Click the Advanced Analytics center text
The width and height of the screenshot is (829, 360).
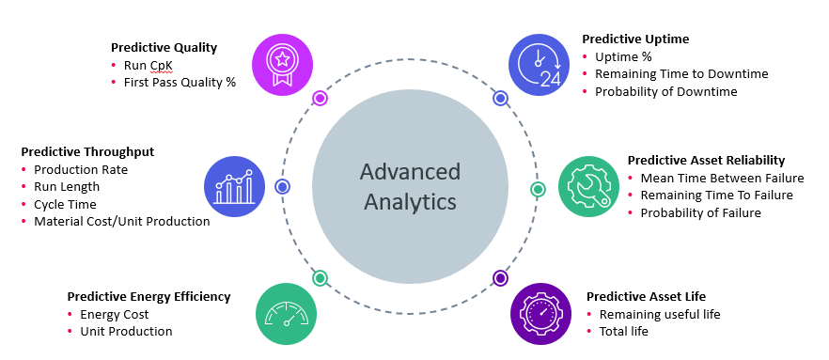point(410,187)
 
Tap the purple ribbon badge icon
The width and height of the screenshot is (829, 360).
point(282,64)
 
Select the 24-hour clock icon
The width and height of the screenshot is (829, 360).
point(540,64)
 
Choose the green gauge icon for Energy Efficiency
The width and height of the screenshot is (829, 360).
point(286,314)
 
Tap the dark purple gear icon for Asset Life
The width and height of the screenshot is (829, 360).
point(541,314)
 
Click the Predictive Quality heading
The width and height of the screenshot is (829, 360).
point(164,47)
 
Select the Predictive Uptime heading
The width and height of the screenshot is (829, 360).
point(635,39)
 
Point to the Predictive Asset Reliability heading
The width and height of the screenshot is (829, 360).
point(706,160)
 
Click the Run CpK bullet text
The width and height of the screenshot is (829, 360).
point(149,65)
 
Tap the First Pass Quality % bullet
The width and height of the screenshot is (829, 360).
point(180,82)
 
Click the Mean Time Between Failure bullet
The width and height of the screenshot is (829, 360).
point(722,178)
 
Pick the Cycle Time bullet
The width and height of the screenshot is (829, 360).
point(65,204)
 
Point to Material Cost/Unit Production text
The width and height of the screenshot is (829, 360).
point(121,221)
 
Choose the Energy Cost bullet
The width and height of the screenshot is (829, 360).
point(115,314)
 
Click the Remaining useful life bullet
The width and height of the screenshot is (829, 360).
point(660,314)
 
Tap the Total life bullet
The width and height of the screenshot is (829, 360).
point(624,331)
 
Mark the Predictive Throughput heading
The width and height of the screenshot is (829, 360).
point(87,151)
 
